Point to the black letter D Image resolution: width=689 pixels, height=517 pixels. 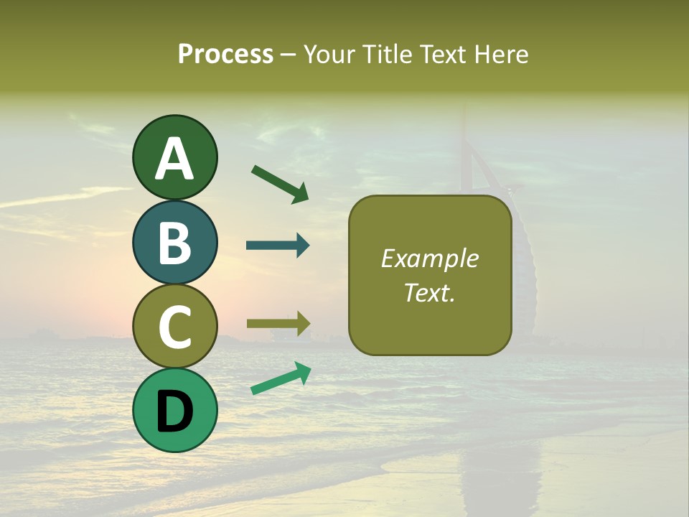pos(174,411)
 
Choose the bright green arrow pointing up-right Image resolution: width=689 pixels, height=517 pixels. pos(281,378)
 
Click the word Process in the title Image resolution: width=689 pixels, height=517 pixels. pos(225,54)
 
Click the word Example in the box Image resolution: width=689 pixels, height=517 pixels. pos(429,258)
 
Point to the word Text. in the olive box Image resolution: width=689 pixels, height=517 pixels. pos(429,292)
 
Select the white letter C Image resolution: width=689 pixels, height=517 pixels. pos(174,327)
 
